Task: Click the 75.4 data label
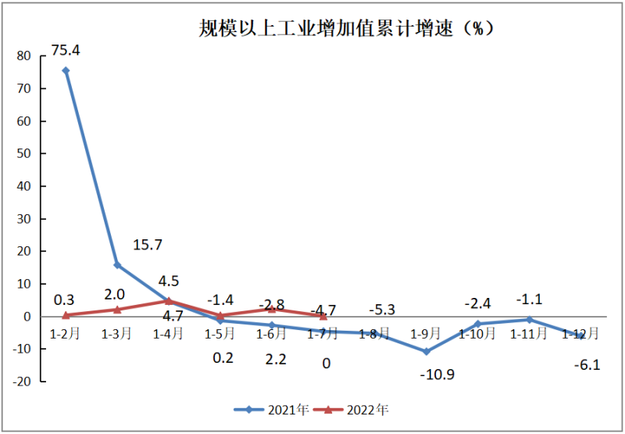tap(66, 50)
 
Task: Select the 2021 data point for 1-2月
tap(66, 70)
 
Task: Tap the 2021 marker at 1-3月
tap(117, 265)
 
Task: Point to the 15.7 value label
tap(147, 245)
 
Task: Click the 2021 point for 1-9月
tap(426, 351)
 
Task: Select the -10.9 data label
tap(437, 374)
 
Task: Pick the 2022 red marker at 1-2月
tap(66, 315)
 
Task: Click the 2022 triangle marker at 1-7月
tap(323, 316)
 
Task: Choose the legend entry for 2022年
tap(355, 409)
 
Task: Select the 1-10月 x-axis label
tap(477, 334)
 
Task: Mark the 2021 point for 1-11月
tap(529, 319)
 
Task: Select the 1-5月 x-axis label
tap(220, 334)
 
